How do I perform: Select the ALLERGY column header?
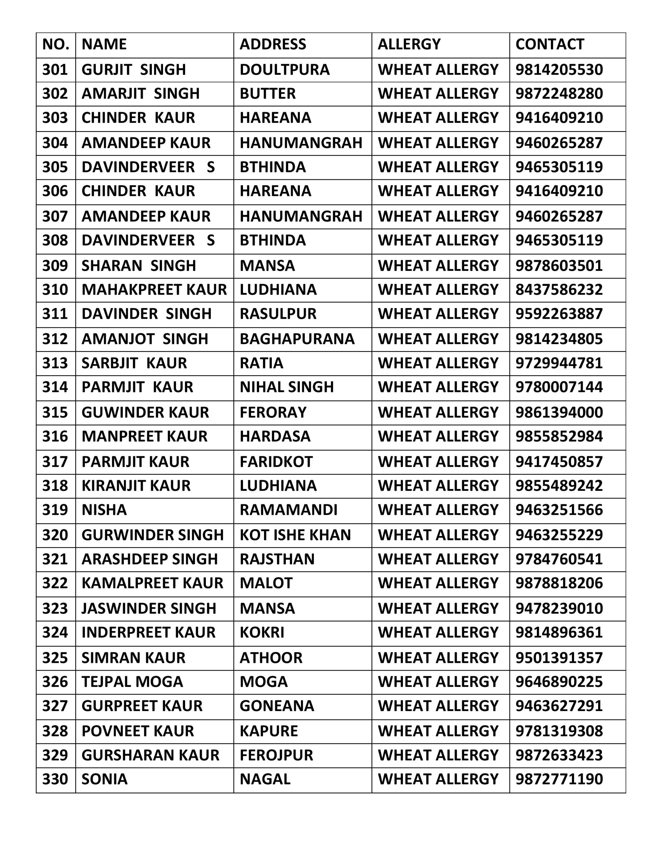coord(409,44)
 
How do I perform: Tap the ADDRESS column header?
coord(273,44)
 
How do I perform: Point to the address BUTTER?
coord(268,94)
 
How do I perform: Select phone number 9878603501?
coord(559,266)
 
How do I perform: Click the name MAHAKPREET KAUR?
coord(154,290)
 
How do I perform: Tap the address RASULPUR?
coord(278,314)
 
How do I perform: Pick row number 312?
coord(55,339)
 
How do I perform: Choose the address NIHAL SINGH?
coord(286,387)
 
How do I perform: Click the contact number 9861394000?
coord(559,412)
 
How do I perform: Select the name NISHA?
coord(104,510)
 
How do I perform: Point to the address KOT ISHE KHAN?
coord(295,535)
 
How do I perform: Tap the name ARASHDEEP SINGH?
coord(150,559)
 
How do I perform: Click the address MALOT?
coord(266,583)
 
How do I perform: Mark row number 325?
coord(55,658)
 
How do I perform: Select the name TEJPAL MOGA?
coord(132,682)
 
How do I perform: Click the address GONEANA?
coord(277,706)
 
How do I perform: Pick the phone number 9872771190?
coord(559,779)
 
